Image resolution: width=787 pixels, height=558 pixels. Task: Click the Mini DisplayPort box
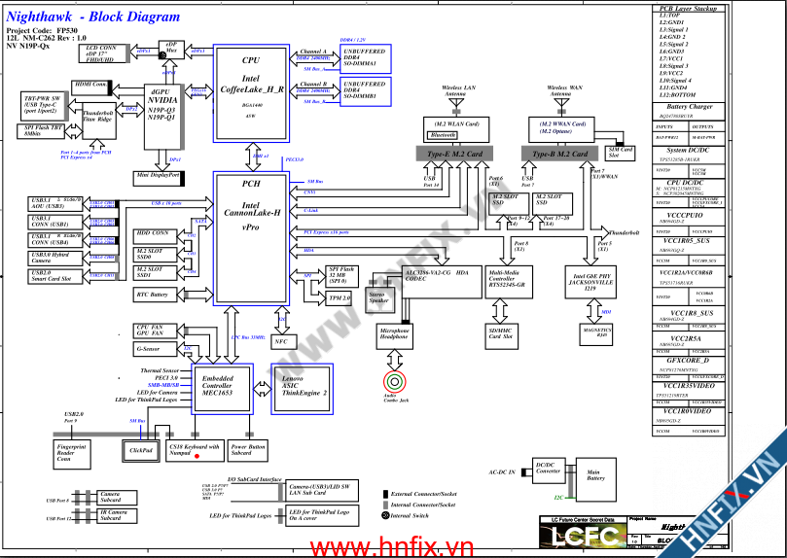pyautogui.click(x=158, y=177)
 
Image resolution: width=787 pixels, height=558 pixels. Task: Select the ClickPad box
pyautogui.click(x=141, y=450)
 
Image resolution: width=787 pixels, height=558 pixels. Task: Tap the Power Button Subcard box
pyautogui.click(x=248, y=450)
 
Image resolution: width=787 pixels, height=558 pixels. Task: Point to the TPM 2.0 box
pyautogui.click(x=340, y=297)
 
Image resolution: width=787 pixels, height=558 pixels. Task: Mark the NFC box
pyautogui.click(x=280, y=341)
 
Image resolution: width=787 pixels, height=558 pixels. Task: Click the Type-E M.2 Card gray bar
pyautogui.click(x=451, y=154)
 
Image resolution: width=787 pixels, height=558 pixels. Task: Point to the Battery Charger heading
pyautogui.click(x=691, y=107)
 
